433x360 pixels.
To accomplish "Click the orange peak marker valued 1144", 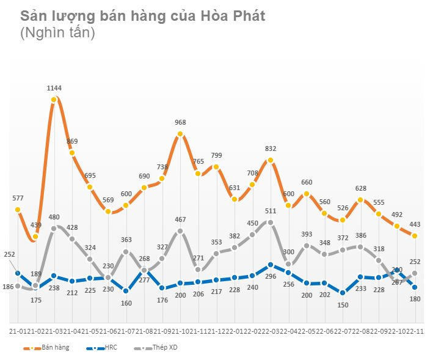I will coord(54,99).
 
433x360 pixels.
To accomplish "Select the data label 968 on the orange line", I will coord(180,123).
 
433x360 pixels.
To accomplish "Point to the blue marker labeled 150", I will coord(343,293).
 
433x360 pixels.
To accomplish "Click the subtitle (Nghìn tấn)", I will coord(57,34).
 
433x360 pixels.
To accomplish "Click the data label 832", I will coord(271,149).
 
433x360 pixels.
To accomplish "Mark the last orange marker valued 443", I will coord(415,236).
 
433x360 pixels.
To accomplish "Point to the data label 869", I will coord(72,141).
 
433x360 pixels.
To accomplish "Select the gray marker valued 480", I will coord(54,229).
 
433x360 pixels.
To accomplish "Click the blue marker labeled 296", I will coord(271,265).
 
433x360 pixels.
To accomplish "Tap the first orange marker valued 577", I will coord(18,210).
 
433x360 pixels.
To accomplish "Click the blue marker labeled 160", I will coord(126,291).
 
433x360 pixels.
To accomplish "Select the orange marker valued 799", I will coord(216,166).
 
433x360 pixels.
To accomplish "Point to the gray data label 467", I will coord(180,220).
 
